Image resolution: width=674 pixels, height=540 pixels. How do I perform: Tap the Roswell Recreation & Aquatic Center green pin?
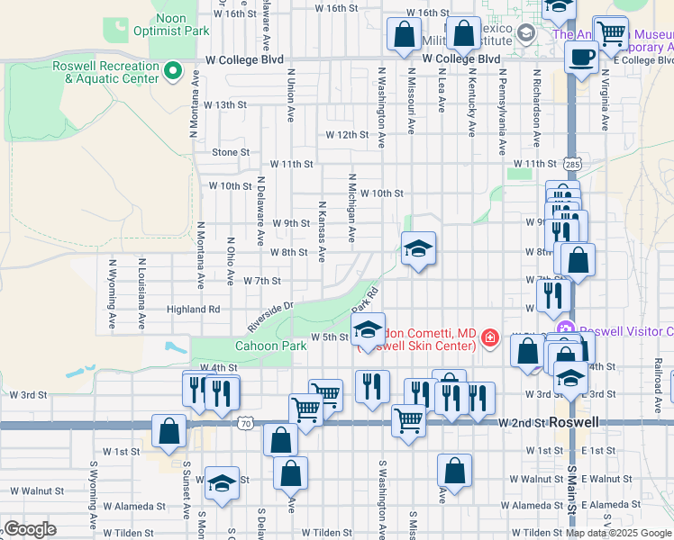(174, 68)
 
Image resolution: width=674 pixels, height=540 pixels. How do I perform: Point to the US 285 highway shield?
(572, 165)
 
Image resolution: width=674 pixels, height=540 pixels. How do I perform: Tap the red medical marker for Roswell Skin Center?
(490, 338)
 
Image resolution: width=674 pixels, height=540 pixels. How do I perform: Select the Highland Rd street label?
(194, 309)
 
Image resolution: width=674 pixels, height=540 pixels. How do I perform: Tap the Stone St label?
(231, 152)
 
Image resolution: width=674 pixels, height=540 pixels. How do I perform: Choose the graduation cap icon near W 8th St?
(418, 247)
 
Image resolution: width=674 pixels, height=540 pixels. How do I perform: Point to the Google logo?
(29, 529)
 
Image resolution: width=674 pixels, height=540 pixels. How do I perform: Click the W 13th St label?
(225, 104)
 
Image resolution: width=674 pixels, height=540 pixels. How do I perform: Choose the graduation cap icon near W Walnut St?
(222, 483)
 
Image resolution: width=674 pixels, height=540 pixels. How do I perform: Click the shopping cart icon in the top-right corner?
(611, 32)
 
